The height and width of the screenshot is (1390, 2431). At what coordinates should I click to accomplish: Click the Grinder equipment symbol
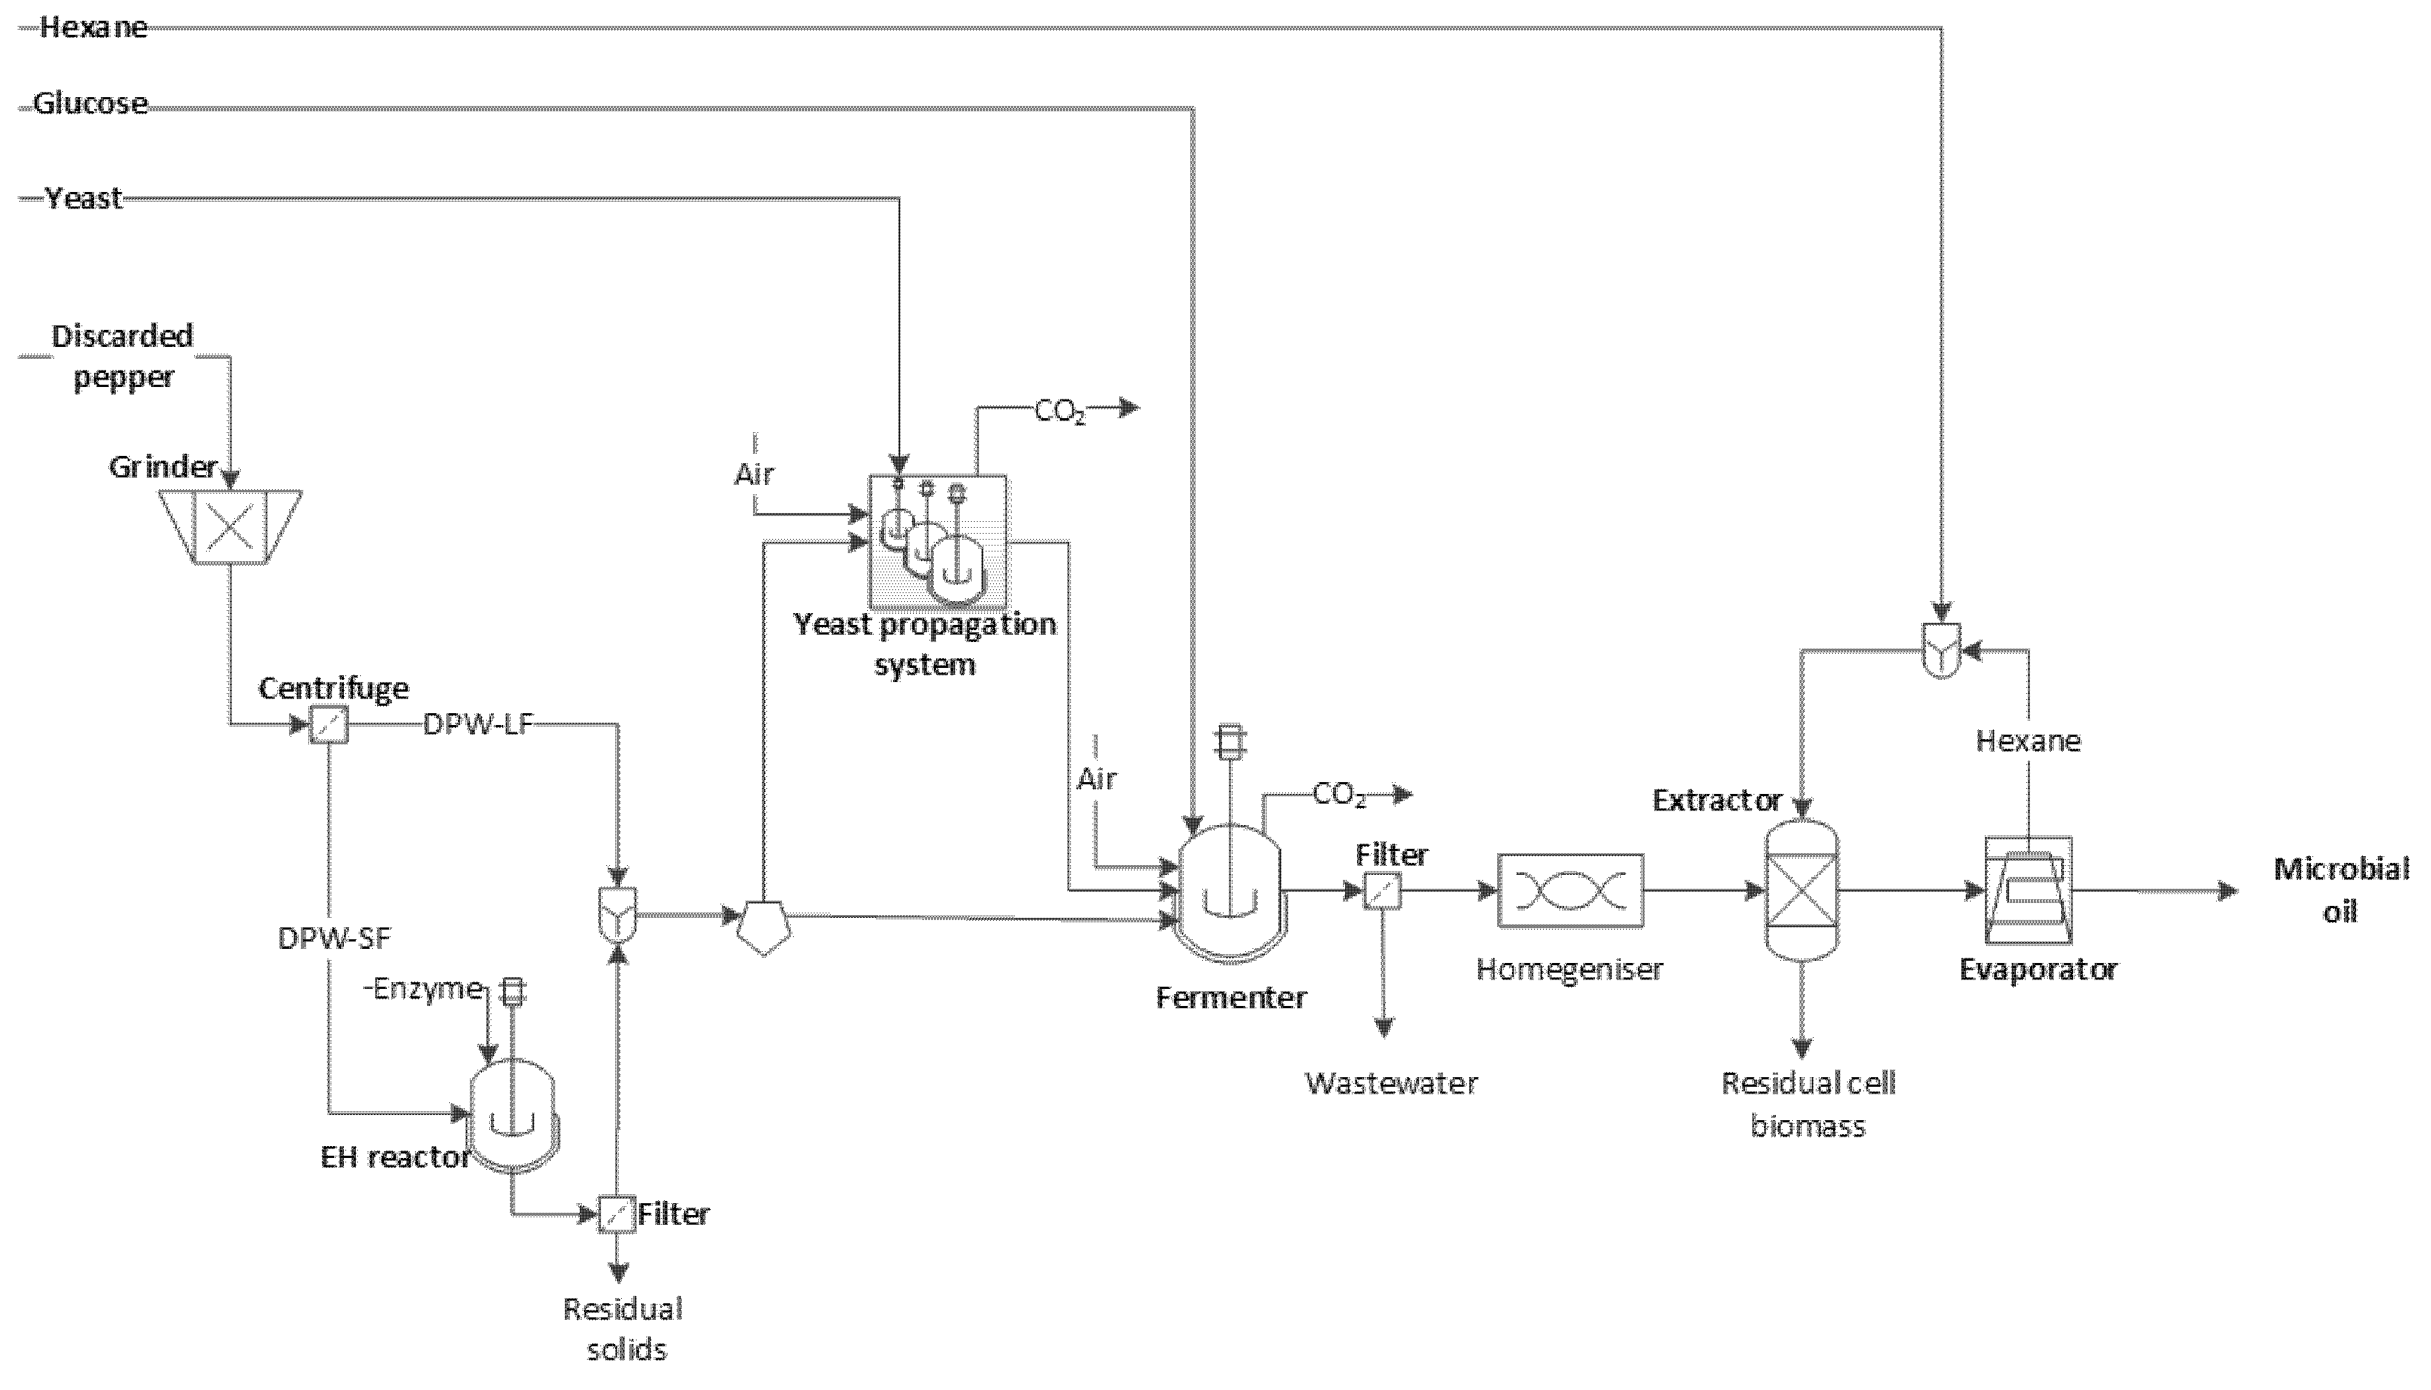[x=230, y=526]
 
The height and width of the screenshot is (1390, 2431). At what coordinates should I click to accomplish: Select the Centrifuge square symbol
[x=329, y=726]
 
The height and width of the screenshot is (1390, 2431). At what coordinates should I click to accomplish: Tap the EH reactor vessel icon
[x=514, y=1116]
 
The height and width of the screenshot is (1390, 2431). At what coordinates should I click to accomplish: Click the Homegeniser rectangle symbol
[x=1570, y=890]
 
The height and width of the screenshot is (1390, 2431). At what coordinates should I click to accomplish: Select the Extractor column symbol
[x=1800, y=889]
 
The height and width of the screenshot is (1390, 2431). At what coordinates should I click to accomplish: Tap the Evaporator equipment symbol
[x=2029, y=889]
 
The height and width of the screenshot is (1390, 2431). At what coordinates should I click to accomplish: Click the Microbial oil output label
[x=2341, y=890]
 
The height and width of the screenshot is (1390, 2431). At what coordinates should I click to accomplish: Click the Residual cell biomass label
[x=1808, y=1104]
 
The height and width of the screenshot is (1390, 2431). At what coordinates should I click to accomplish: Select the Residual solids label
[x=624, y=1328]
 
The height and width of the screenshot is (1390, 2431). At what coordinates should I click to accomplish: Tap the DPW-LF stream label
[x=477, y=726]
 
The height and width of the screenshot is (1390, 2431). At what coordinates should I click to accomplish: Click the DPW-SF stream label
[x=334, y=939]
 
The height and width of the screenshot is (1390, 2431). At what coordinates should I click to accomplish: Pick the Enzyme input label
[x=427, y=988]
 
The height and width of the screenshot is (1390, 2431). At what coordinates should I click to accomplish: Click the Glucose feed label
[x=90, y=103]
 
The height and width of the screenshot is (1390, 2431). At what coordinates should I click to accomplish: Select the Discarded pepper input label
[x=123, y=356]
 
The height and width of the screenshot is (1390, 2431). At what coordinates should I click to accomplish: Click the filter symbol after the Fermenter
[x=1382, y=890]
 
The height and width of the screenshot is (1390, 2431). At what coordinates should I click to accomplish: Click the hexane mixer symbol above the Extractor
[x=1940, y=650]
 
